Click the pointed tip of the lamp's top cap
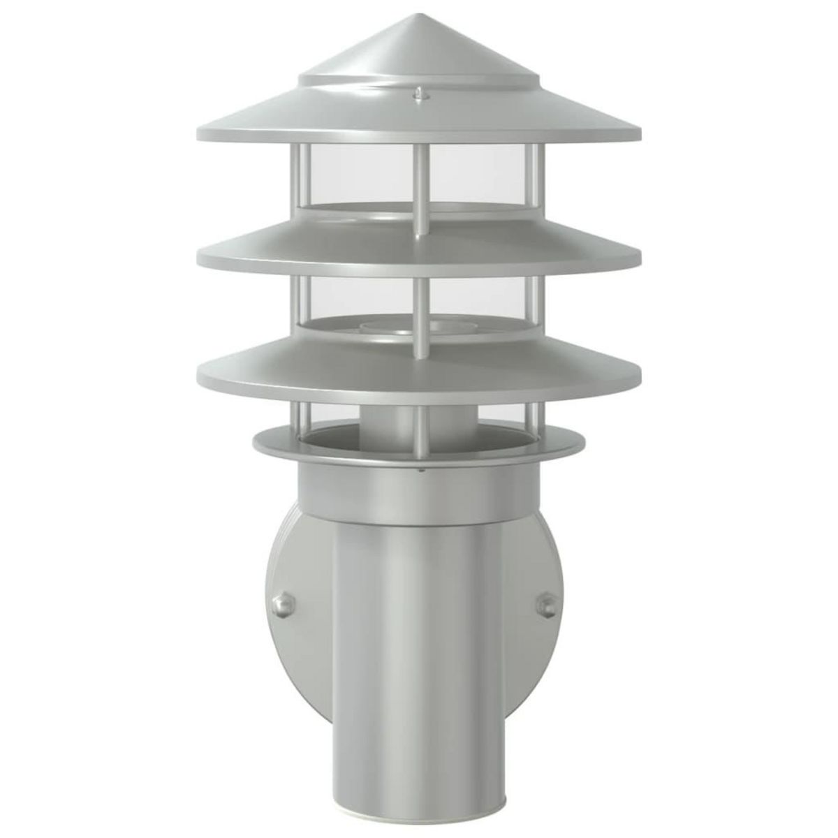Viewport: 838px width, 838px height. click(420, 15)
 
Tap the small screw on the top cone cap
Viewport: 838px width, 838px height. click(418, 91)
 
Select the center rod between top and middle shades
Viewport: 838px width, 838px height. click(421, 189)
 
